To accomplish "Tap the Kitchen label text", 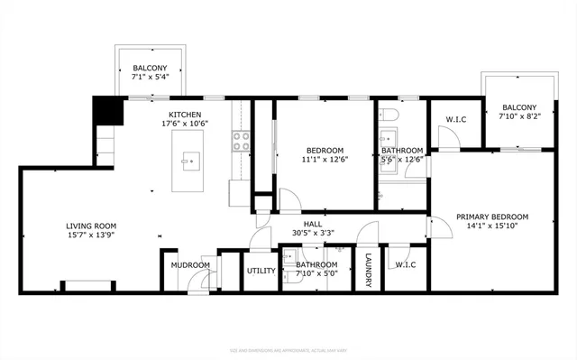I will click(x=185, y=115).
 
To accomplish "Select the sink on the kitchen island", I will click(x=190, y=162).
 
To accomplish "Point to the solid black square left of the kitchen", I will click(x=108, y=111).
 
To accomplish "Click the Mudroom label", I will click(x=191, y=265).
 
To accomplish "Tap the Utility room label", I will click(x=261, y=270).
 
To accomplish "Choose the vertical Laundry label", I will click(x=369, y=270).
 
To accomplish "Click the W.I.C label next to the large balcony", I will click(x=455, y=119).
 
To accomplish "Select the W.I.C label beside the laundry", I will click(x=405, y=264).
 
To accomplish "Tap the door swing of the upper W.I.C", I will click(x=446, y=138).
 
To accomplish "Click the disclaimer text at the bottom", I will click(x=288, y=348).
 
